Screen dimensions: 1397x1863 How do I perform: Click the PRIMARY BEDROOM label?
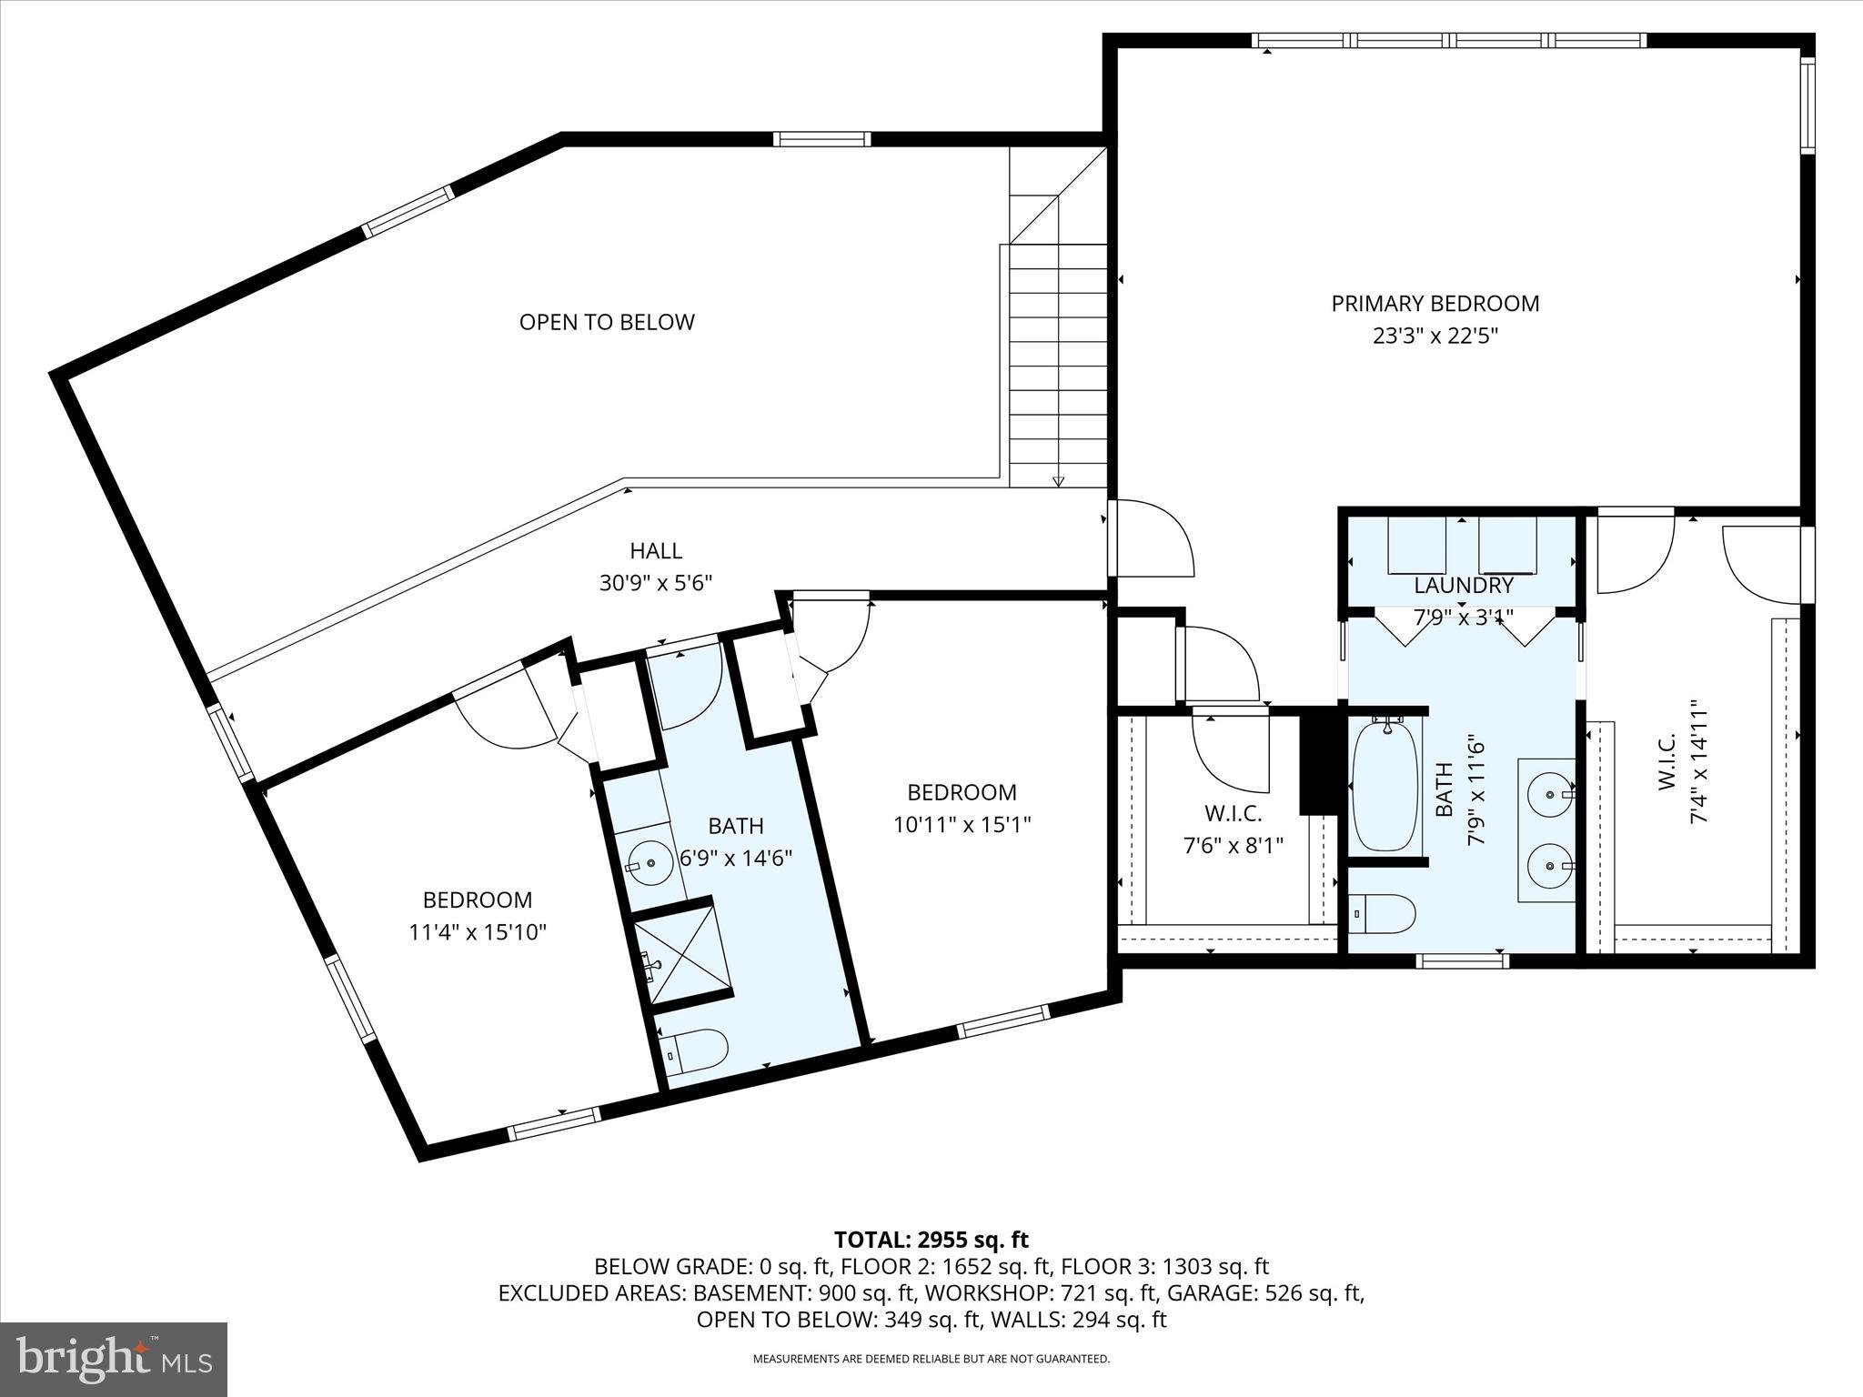pyautogui.click(x=1435, y=304)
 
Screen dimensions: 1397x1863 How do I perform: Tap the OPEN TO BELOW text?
pyautogui.click(x=607, y=322)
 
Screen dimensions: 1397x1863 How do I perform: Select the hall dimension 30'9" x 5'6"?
pyautogui.click(x=655, y=583)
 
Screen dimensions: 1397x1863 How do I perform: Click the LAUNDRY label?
pyautogui.click(x=1463, y=586)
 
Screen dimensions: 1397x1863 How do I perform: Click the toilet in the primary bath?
pyautogui.click(x=1384, y=912)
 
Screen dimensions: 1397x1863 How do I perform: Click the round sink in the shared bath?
pyautogui.click(x=650, y=861)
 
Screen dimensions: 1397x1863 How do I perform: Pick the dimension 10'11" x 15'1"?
pyautogui.click(x=962, y=825)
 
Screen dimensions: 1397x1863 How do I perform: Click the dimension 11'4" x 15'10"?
pyautogui.click(x=478, y=932)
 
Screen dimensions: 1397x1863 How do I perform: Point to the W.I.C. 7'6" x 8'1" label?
pyautogui.click(x=1233, y=829)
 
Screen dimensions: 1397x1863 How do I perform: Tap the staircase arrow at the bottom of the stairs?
pyautogui.click(x=1058, y=481)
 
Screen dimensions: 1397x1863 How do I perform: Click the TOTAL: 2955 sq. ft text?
pyautogui.click(x=931, y=1240)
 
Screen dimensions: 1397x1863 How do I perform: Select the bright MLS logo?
pyautogui.click(x=114, y=1360)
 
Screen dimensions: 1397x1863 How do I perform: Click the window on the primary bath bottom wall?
pyautogui.click(x=1462, y=960)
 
